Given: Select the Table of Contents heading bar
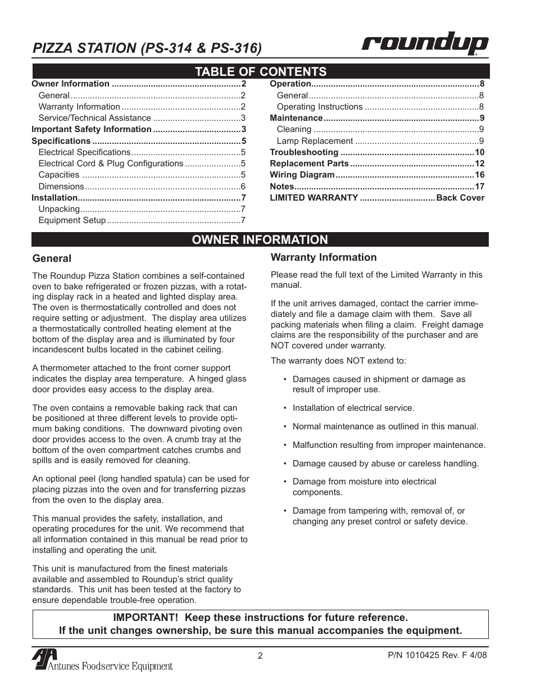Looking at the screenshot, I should [260, 71].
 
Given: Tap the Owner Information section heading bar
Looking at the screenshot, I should [260, 239].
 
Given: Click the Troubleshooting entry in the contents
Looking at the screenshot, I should [304, 152].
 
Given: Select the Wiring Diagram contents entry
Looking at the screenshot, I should [302, 175].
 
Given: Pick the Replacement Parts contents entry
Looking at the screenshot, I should [309, 164].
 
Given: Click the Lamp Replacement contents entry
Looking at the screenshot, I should [315, 141].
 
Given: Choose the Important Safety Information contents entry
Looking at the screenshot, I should [91, 129].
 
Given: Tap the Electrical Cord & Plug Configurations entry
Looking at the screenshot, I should [111, 164].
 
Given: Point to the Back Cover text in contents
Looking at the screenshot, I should [460, 198].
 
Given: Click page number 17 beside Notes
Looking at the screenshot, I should [479, 187].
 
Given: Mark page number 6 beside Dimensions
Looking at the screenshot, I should [243, 187].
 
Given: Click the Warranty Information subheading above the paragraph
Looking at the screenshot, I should [324, 257].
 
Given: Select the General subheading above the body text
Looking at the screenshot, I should [52, 258].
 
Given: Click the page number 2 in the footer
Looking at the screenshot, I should [260, 655].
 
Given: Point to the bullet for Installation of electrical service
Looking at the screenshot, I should [286, 409].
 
